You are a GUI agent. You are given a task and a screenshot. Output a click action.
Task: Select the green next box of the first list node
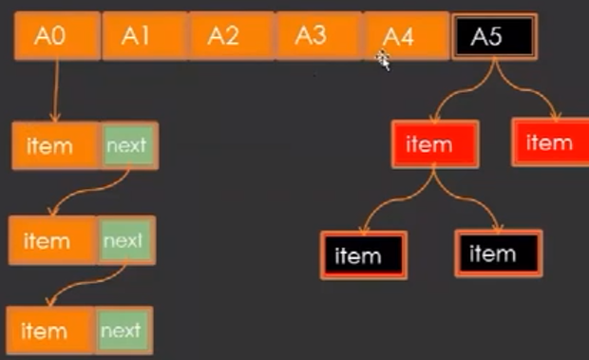tap(127, 145)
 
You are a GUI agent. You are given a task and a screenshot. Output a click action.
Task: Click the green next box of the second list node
tap(124, 240)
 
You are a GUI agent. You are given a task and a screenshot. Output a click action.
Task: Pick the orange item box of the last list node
tap(50, 332)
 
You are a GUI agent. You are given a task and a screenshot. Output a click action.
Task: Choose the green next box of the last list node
tap(123, 332)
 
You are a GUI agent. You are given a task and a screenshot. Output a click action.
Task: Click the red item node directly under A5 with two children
tap(434, 145)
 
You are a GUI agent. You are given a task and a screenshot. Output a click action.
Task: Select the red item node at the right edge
tap(550, 143)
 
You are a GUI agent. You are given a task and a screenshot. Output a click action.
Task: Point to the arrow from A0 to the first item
tap(56, 90)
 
